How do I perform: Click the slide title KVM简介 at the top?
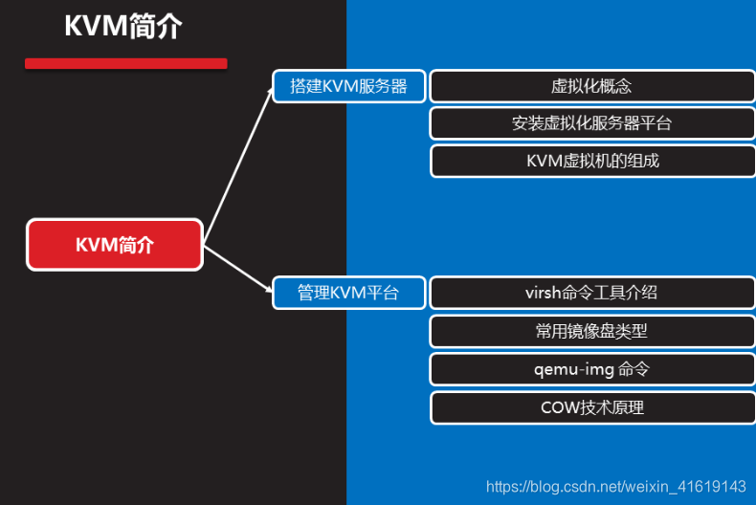click(122, 26)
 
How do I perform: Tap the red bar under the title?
click(125, 64)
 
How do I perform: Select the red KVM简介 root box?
click(115, 245)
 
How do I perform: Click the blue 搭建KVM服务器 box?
click(348, 86)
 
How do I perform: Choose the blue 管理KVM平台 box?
click(348, 293)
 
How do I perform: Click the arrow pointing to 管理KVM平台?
click(239, 269)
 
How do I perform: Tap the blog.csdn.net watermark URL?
click(615, 487)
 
